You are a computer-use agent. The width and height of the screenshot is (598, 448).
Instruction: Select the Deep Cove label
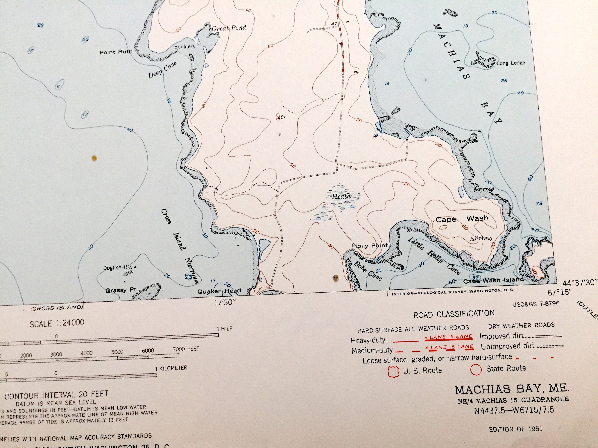click(x=162, y=70)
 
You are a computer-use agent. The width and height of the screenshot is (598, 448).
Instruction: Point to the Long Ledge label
click(x=511, y=63)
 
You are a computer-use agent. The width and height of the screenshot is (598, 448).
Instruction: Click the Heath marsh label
click(x=341, y=196)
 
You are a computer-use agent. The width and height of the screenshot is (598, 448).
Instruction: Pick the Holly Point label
click(x=370, y=246)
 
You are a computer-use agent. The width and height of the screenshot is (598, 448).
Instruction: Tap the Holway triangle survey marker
click(x=472, y=239)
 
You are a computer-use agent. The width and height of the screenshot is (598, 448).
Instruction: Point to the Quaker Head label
click(x=219, y=291)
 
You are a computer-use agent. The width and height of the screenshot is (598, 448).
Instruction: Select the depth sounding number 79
click(x=539, y=204)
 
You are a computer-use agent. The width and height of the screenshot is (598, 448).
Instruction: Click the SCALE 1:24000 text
click(x=57, y=323)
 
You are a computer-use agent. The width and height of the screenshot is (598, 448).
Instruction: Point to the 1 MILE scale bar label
click(x=225, y=329)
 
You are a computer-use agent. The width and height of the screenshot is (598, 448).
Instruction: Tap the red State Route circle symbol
click(x=476, y=370)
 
